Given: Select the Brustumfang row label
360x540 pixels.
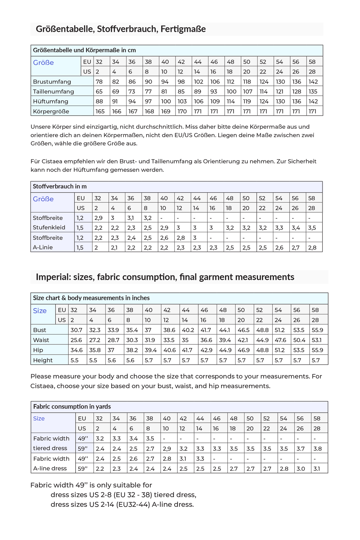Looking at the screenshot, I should point(52,82).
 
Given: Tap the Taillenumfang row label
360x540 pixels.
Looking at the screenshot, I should point(53,91).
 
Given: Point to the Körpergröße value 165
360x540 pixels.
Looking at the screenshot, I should point(100,111).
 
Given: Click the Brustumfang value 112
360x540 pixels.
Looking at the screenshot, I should point(231,82).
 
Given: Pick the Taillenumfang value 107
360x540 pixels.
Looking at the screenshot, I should point(247,91).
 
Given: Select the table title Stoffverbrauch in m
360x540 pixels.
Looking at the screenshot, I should point(60,186).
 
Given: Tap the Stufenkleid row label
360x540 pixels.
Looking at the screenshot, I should point(49,227).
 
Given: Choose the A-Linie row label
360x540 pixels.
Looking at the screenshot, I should point(43,247).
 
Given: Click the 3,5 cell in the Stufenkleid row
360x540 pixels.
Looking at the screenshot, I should point(312,228).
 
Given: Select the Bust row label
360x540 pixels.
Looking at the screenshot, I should point(40,330).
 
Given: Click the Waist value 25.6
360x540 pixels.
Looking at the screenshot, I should point(76,340).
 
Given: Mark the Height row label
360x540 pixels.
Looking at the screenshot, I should point(43,360).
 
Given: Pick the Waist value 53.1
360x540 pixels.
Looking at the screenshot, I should point(316,340).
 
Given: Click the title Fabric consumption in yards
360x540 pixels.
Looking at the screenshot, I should point(72,406).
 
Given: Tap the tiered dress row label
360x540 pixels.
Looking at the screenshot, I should point(50,448).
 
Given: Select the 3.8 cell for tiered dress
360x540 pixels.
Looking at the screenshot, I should point(317,448).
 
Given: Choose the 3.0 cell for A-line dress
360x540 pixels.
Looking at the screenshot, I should point(301,469).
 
